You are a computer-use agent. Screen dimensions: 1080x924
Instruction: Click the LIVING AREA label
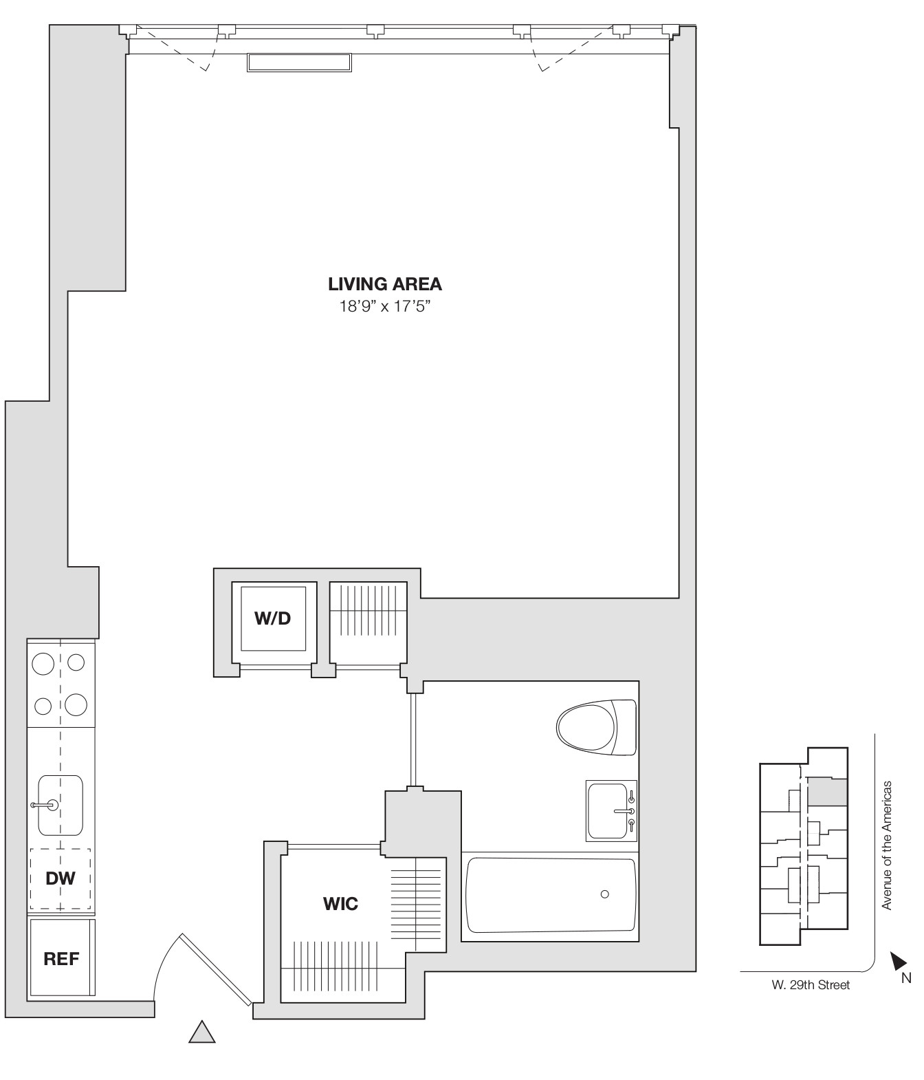pyautogui.click(x=384, y=284)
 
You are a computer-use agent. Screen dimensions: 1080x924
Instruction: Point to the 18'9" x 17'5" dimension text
pyautogui.click(x=384, y=306)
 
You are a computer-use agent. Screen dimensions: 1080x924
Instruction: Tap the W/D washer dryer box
pyautogui.click(x=273, y=618)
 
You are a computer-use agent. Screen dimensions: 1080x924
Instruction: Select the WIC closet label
pyautogui.click(x=340, y=903)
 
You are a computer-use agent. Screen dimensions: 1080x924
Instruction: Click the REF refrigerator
pyautogui.click(x=61, y=958)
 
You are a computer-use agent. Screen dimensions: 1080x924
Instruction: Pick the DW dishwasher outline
pyautogui.click(x=60, y=878)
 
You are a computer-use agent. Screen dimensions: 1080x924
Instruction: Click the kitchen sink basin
pyautogui.click(x=60, y=805)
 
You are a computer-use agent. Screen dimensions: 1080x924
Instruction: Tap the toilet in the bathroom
pyautogui.click(x=595, y=727)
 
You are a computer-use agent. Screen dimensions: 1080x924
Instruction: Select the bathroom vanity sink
pyautogui.click(x=610, y=811)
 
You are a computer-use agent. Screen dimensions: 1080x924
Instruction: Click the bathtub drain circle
pyautogui.click(x=604, y=894)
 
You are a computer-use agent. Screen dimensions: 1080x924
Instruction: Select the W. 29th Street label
pyautogui.click(x=810, y=985)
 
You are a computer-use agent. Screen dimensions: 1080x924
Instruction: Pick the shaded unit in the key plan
pyautogui.click(x=826, y=792)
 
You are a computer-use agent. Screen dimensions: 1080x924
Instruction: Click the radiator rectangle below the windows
pyautogui.click(x=300, y=63)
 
